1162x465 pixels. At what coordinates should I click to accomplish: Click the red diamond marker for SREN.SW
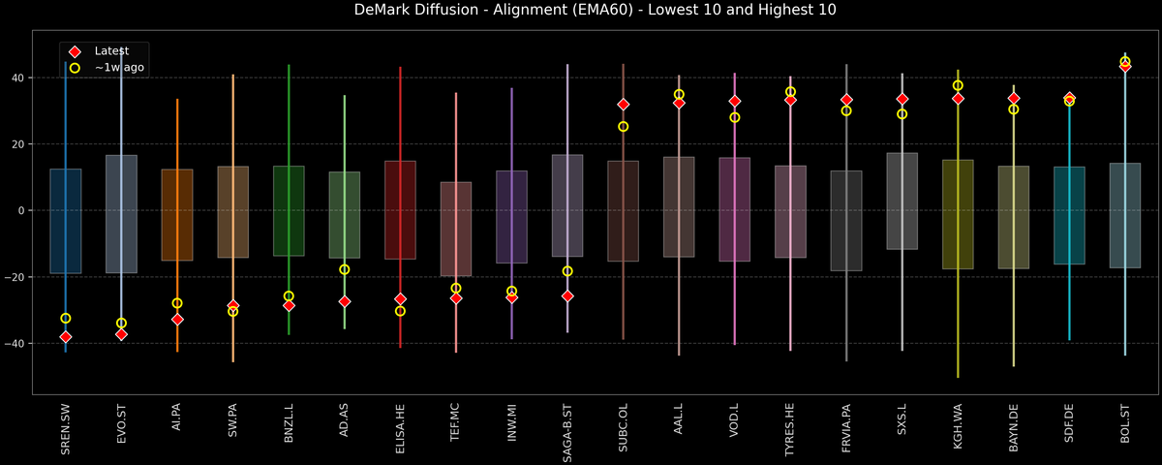point(66,337)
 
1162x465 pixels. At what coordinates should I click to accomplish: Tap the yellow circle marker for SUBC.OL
point(624,126)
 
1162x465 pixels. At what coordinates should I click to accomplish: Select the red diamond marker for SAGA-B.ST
point(567,296)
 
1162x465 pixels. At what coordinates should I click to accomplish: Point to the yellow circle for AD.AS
point(345,269)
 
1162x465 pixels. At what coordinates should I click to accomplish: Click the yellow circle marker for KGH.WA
point(958,85)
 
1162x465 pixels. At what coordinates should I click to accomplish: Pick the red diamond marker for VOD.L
point(735,101)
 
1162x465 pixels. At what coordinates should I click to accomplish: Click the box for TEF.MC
point(456,229)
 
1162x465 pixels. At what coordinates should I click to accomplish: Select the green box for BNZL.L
point(289,210)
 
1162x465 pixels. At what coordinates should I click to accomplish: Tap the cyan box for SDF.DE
point(1069,215)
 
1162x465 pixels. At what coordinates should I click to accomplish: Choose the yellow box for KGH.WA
point(958,214)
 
